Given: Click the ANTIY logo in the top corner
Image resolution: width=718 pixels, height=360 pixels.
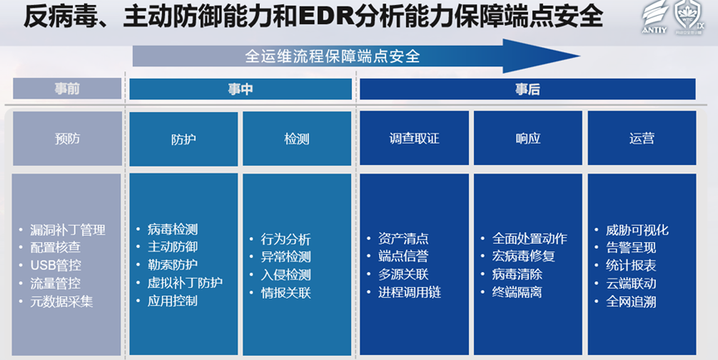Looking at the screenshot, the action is [655, 17].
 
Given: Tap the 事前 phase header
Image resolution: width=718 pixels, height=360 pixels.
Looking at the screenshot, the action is [67, 89].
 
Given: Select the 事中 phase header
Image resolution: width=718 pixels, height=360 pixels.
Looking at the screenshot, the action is [241, 90].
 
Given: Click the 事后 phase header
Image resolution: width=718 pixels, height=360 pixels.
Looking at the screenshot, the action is [528, 90].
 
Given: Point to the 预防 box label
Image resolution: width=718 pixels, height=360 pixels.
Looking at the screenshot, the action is [67, 139].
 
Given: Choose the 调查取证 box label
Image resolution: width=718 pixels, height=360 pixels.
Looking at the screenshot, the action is [414, 139].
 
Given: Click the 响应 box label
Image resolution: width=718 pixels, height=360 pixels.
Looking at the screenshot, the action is [528, 139].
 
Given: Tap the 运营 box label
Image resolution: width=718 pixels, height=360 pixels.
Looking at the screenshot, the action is [642, 139].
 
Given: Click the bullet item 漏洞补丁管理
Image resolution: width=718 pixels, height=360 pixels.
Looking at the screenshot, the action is [68, 230].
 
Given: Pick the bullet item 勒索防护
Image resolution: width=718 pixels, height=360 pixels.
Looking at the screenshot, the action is [173, 265].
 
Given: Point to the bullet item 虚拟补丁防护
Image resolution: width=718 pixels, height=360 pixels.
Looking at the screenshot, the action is [185, 283].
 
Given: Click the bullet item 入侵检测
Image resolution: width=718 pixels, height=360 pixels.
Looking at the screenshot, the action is [286, 275].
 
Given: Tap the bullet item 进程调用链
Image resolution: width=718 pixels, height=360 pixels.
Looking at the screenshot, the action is [409, 292].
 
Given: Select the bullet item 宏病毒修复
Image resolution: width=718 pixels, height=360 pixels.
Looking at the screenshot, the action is [524, 255].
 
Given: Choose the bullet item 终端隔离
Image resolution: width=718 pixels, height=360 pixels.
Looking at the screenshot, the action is [517, 292].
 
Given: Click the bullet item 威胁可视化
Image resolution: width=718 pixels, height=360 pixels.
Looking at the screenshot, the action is [637, 230].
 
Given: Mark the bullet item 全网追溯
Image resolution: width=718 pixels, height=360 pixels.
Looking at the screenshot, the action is [631, 302].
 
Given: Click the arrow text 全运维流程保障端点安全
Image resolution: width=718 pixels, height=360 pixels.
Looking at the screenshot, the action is [333, 56].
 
